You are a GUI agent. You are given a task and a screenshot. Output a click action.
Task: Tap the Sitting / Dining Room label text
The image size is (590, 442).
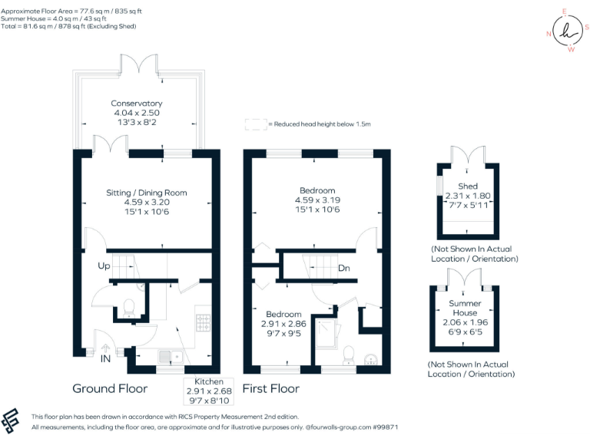[146, 203]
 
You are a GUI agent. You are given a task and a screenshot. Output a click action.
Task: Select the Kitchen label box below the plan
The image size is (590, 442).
[208, 391]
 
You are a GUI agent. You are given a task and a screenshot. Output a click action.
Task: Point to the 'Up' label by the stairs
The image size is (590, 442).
[104, 266]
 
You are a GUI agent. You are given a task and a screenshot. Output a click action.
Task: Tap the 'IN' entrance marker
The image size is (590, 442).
[105, 358]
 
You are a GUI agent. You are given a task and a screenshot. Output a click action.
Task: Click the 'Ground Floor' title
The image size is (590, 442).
[110, 388]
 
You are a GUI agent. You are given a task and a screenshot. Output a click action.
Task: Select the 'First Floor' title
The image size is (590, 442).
[270, 388]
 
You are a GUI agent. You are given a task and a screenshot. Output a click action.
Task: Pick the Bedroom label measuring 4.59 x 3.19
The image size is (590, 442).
[317, 200]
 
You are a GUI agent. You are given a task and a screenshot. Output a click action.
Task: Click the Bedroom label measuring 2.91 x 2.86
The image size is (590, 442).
[284, 324]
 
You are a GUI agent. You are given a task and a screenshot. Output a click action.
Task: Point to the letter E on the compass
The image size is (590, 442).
[565, 12]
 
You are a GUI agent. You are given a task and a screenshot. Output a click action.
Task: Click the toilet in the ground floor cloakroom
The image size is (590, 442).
[129, 307]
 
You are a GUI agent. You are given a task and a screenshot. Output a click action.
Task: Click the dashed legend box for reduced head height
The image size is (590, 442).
[254, 124]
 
